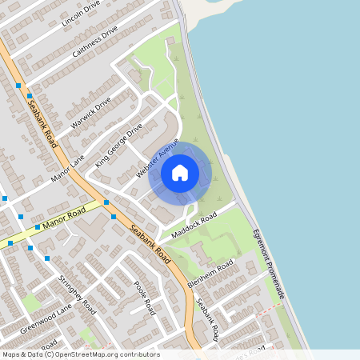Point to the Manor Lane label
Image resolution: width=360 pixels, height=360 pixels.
coord(67,168)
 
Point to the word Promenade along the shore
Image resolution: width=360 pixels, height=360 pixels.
coord(275,282)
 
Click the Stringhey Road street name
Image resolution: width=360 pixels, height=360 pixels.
coord(78,293)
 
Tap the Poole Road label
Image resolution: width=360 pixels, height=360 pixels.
coord(149,297)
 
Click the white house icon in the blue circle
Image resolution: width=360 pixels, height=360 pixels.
coord(180,173)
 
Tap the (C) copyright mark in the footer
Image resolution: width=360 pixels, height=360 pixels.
coord(50,354)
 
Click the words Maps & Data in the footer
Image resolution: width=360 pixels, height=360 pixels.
coord(22,354)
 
